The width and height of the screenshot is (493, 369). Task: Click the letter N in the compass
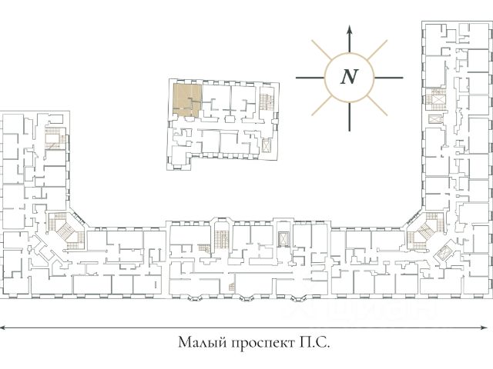point(350,76)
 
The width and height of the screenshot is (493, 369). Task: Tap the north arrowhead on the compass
point(350,30)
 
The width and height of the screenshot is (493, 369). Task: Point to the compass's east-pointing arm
point(389,76)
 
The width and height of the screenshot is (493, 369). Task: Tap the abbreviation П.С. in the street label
point(315,342)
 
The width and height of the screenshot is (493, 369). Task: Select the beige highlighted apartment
point(187,101)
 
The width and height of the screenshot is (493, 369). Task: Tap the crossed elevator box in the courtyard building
point(267,145)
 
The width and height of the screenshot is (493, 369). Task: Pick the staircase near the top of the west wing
point(53,141)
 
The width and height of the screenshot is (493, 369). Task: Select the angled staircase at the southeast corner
point(422,231)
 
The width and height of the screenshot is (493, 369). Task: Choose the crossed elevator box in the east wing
point(436,121)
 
